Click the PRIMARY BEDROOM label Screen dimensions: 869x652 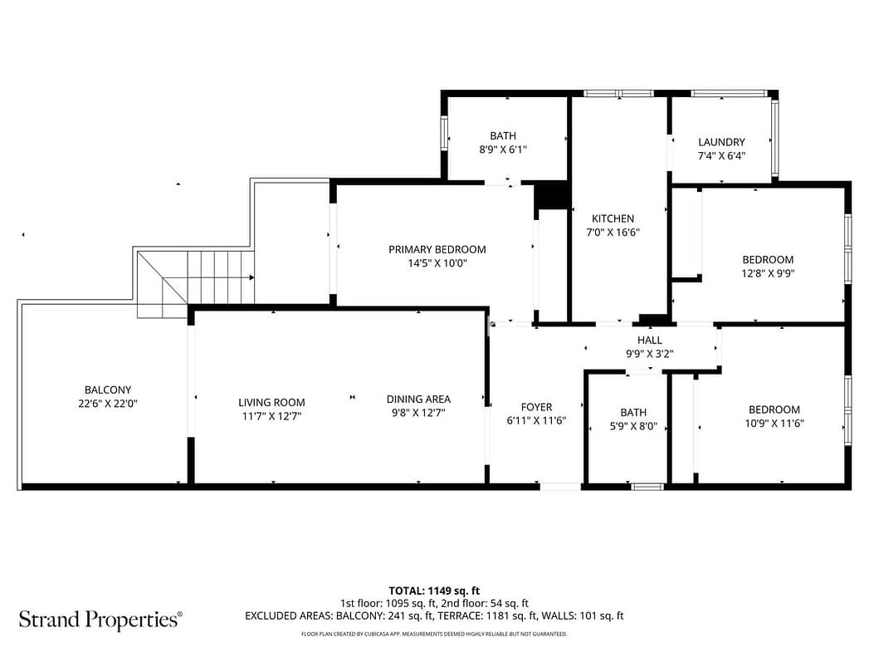coord(437,249)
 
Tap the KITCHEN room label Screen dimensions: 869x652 coord(613,218)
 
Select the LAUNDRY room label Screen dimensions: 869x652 coord(721,142)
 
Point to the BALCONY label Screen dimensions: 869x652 coord(108,390)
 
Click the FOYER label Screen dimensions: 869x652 coord(536,407)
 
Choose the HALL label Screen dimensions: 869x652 coord(649,340)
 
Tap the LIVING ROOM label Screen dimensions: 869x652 coord(271,403)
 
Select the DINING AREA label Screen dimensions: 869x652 coord(418,400)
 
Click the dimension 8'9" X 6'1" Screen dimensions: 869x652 coord(503,150)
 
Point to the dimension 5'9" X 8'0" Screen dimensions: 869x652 coord(633,426)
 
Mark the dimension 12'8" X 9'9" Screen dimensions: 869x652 coord(768,273)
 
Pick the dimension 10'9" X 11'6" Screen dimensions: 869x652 coord(774,424)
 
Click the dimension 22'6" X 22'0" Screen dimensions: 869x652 coord(108,404)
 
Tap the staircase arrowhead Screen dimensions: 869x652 coord(251,277)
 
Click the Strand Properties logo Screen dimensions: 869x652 coord(100,620)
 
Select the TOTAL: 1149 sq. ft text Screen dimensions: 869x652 coord(434,591)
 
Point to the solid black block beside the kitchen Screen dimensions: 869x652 coord(552,195)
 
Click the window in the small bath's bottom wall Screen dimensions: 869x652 coord(647,488)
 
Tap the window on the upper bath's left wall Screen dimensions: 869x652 coord(444,133)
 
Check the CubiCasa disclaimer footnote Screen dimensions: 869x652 coord(434,634)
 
